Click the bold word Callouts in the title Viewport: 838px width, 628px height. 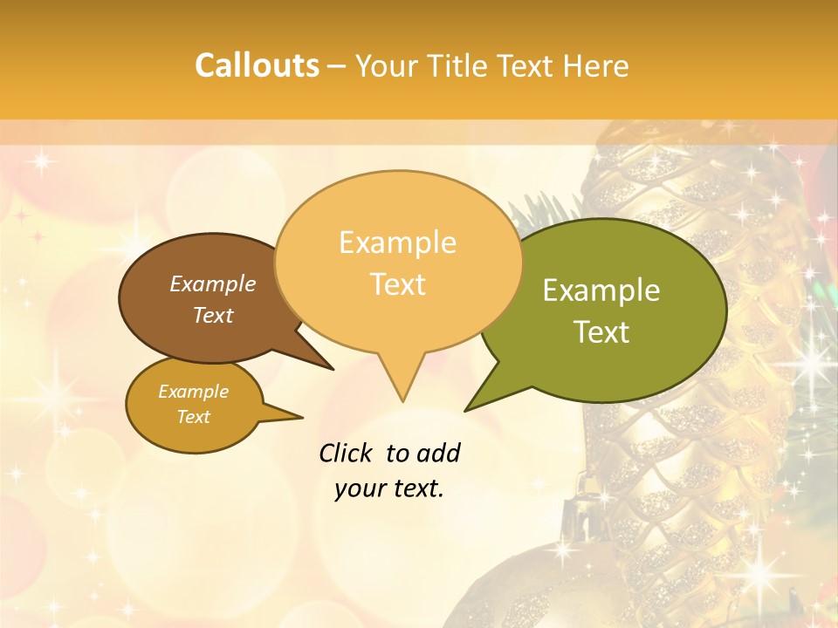click(x=257, y=65)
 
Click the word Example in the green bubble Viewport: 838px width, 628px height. click(x=601, y=290)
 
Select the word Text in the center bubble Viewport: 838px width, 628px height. click(x=398, y=284)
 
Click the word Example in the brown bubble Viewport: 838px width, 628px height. click(x=213, y=284)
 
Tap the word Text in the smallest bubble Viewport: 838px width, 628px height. click(x=194, y=417)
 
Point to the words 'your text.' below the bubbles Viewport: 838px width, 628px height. click(x=389, y=488)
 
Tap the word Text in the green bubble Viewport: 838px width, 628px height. click(x=602, y=332)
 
